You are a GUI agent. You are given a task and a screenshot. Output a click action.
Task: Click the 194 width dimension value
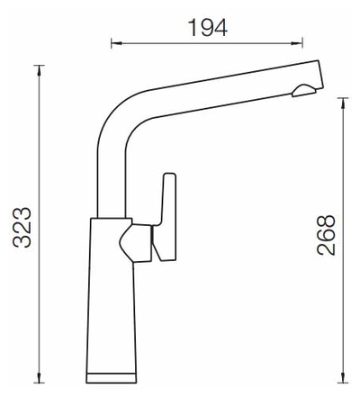point(207,26)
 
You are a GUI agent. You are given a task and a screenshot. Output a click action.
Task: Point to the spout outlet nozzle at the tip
point(304,88)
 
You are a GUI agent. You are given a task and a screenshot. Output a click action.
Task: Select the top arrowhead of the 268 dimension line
point(341,99)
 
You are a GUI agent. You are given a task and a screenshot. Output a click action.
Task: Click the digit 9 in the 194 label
point(207,26)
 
